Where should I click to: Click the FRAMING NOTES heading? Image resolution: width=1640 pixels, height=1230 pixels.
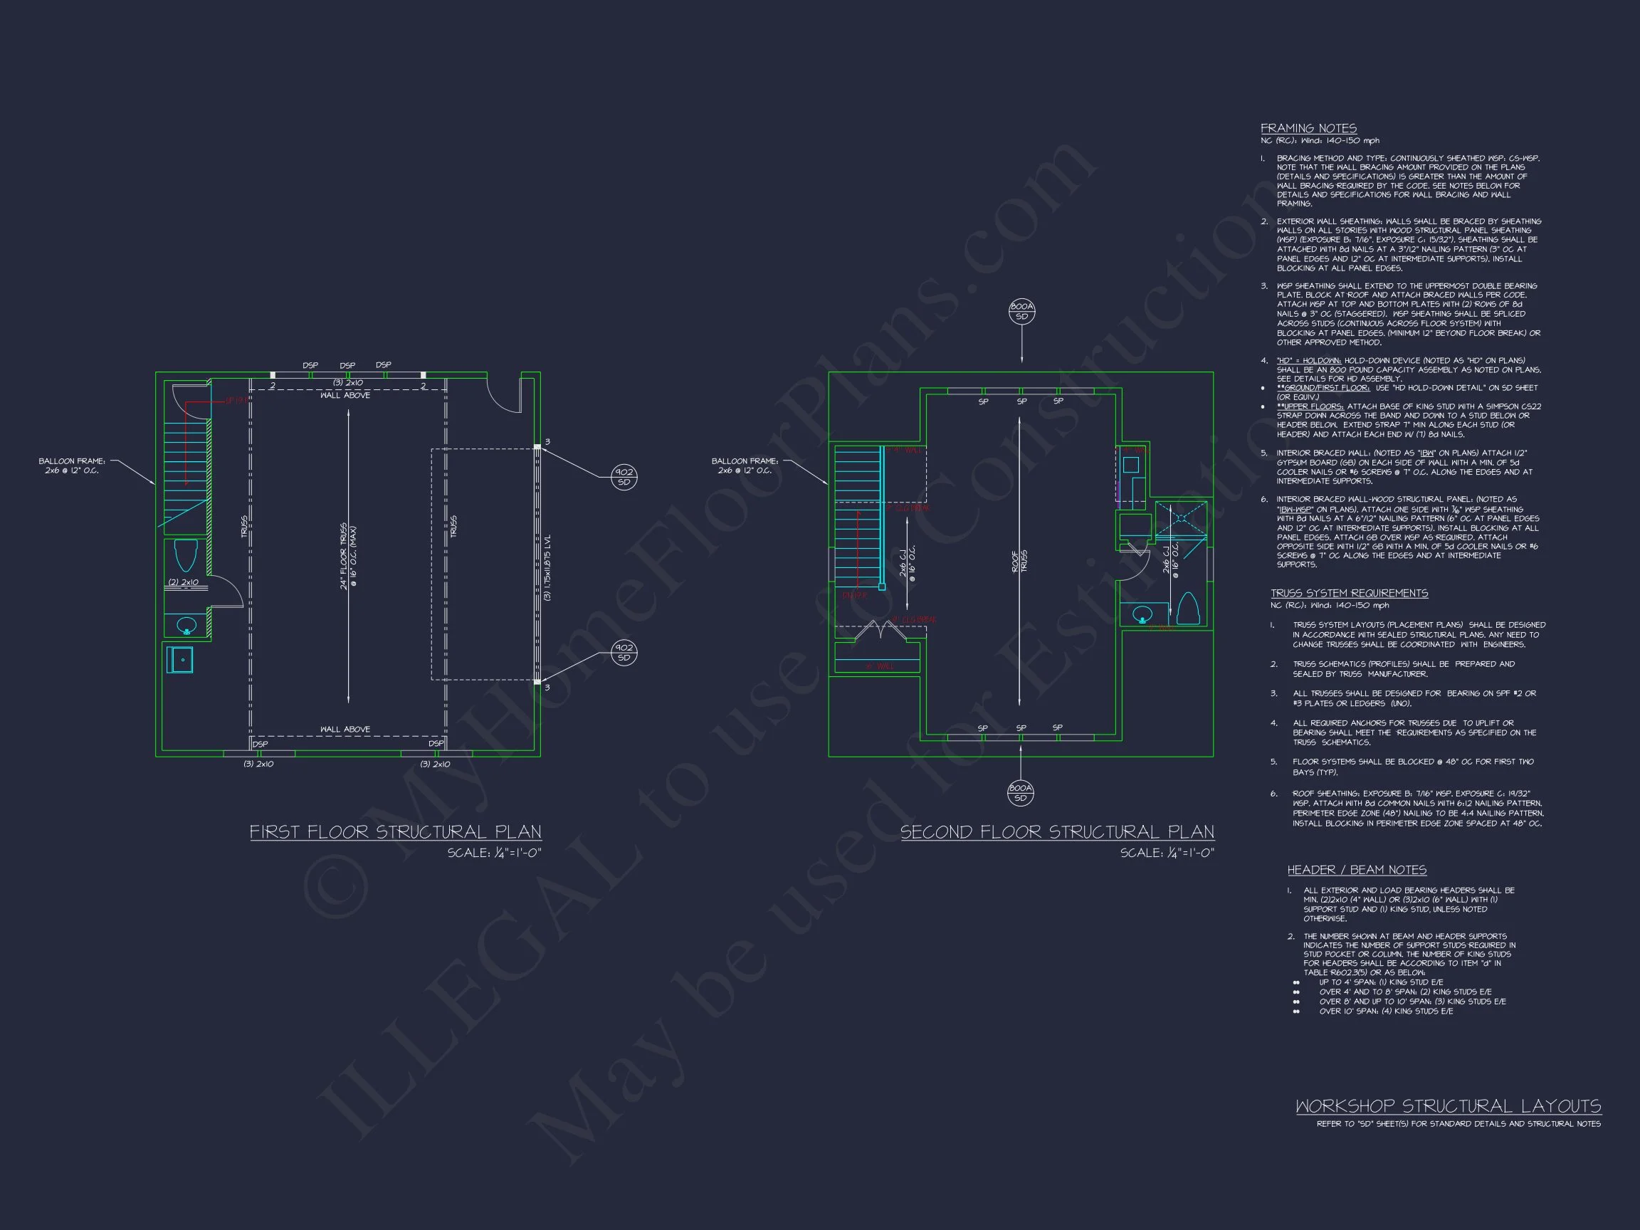1308,128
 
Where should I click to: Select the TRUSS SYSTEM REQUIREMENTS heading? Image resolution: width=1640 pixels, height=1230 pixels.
1350,593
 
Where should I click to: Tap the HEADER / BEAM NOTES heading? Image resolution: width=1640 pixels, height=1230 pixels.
1357,870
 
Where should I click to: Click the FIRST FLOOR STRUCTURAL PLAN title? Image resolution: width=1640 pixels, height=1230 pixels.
395,832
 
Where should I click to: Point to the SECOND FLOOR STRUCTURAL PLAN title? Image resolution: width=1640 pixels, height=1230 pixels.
1057,832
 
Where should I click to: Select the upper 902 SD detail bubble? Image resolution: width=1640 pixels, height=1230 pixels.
624,477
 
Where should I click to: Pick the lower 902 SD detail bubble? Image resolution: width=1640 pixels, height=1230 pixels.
624,653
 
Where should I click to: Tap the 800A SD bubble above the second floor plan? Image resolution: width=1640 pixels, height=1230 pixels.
1021,311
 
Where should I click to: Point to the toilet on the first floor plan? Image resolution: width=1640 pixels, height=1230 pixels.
185,555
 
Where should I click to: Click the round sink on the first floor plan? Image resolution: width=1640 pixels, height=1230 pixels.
186,625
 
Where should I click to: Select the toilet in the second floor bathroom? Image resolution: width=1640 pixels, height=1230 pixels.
1188,609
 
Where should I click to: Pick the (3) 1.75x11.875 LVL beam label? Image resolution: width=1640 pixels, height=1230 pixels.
547,567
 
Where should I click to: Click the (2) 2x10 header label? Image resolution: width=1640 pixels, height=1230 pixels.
183,582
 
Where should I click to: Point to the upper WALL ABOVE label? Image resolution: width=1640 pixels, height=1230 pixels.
345,395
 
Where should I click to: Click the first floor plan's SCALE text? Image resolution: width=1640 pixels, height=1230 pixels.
494,853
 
